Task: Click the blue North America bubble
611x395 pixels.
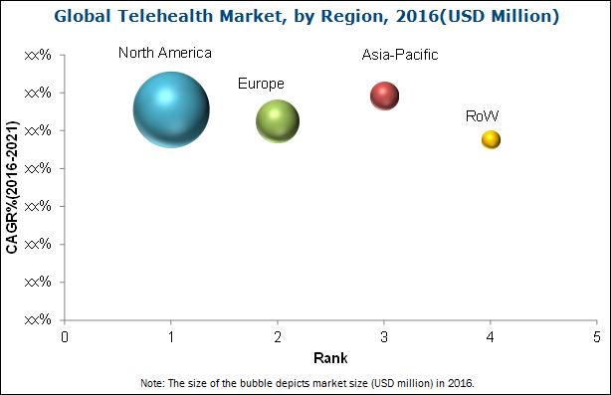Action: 171,109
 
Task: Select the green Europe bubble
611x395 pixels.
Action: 278,121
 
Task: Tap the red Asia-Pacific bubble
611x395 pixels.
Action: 384,96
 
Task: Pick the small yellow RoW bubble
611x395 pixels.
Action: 491,139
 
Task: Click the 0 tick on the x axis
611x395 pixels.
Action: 66,337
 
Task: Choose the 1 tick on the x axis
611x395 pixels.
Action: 171,337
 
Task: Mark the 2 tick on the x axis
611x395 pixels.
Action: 278,337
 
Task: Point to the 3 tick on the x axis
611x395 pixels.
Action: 384,337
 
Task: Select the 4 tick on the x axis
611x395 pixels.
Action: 491,337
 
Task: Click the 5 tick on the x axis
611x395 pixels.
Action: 596,337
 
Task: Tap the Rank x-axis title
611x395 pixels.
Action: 329,357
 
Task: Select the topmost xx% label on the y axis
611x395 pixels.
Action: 38,56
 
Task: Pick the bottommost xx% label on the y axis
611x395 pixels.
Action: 38,320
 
